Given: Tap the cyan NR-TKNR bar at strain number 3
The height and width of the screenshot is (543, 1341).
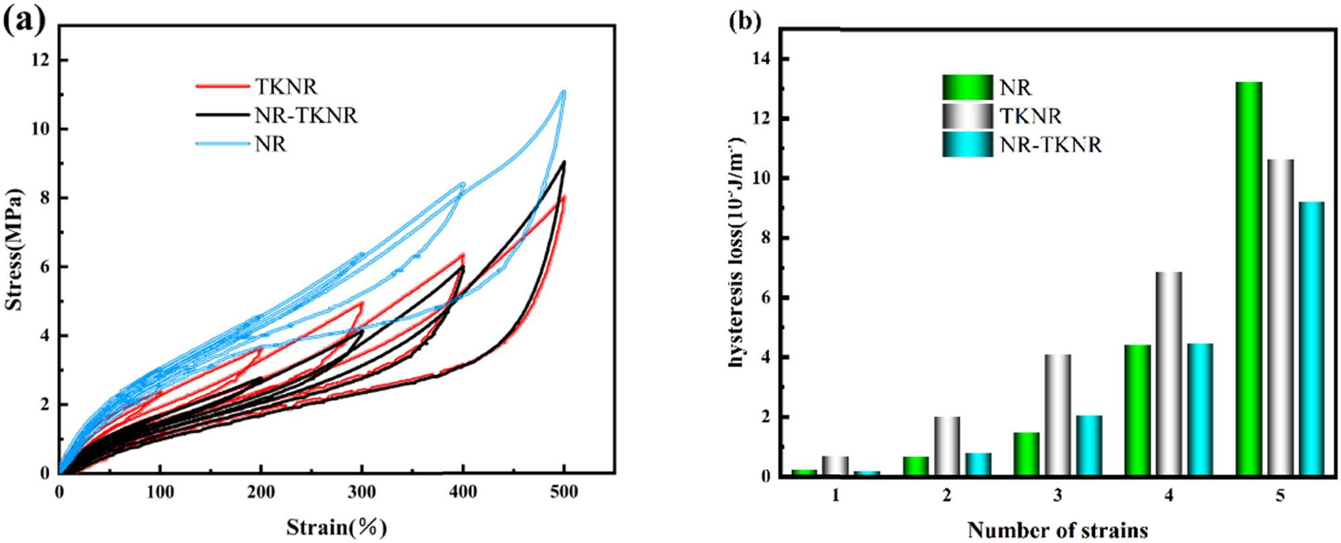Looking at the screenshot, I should pyautogui.click(x=1090, y=446).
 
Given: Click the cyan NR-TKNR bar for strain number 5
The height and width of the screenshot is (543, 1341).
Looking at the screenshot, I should pyautogui.click(x=1311, y=339).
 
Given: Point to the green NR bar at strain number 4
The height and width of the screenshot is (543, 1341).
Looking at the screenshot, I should pyautogui.click(x=1137, y=410).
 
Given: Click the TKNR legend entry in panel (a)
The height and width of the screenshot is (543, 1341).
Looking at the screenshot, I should pyautogui.click(x=286, y=86).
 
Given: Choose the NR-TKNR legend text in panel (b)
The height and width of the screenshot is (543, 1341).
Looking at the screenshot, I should pyautogui.click(x=1050, y=145).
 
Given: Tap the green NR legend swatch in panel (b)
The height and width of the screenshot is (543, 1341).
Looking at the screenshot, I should pyautogui.click(x=967, y=87).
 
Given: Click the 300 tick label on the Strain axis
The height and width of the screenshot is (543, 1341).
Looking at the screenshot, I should pyautogui.click(x=362, y=493).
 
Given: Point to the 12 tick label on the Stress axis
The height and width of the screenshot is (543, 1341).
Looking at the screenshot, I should pyautogui.click(x=40, y=60).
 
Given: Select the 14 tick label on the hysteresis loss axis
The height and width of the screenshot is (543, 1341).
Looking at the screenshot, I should pyautogui.click(x=762, y=60).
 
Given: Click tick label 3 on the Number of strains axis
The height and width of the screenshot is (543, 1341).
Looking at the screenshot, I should pyautogui.click(x=1057, y=497).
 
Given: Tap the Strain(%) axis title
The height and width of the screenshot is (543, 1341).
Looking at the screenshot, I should pyautogui.click(x=337, y=527).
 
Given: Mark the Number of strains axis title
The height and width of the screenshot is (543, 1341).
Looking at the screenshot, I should pyautogui.click(x=1057, y=530).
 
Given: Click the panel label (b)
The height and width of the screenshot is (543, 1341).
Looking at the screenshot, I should pyautogui.click(x=744, y=21).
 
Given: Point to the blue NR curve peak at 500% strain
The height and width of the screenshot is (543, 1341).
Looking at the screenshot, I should pyautogui.click(x=563, y=92).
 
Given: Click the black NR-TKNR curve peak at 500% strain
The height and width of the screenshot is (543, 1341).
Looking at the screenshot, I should pyautogui.click(x=564, y=162).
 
